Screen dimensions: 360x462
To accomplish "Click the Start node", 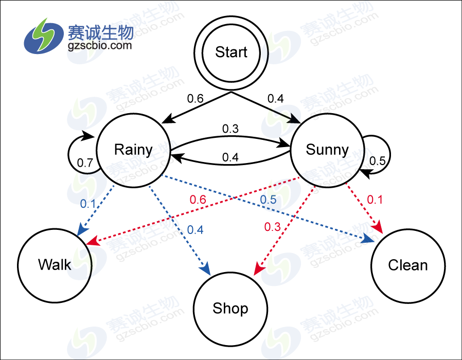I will (231, 52).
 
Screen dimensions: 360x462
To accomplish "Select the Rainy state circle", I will (133, 150).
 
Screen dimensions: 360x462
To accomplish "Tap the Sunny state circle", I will (327, 150).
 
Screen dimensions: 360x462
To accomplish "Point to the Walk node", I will (55, 265).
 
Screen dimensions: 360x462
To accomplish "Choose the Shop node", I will (230, 308).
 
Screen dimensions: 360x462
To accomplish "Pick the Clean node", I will (408, 265).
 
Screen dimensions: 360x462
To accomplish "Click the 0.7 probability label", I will (85, 163).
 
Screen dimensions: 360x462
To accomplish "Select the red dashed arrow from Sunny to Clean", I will (365, 206).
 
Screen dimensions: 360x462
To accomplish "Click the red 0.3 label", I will (273, 226).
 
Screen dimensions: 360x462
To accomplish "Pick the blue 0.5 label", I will (268, 199).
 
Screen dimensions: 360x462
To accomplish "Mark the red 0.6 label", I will (198, 199).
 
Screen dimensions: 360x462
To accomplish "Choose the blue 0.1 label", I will (88, 203).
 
